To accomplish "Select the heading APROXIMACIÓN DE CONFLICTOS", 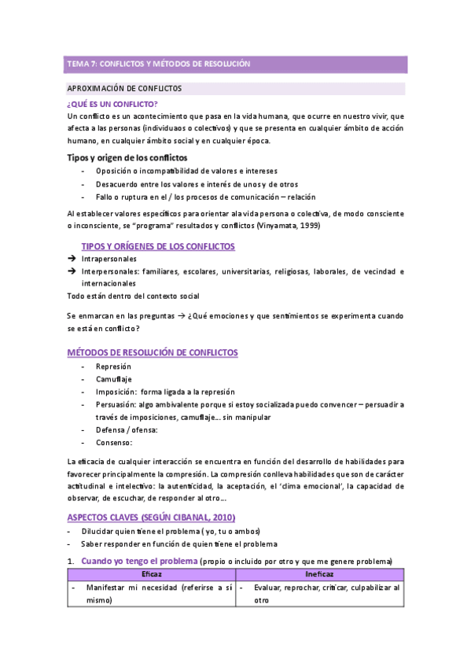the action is pyautogui.click(x=125, y=88).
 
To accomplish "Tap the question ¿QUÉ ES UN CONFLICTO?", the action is pyautogui.click(x=112, y=104).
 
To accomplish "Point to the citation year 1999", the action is pyautogui.click(x=307, y=227).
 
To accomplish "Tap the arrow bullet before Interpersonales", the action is pyautogui.click(x=72, y=271).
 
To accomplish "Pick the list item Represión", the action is pyautogui.click(x=113, y=367).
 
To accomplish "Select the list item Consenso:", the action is pyautogui.click(x=114, y=442).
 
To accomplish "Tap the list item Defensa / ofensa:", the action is pyautogui.click(x=127, y=429).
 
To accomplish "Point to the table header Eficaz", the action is pyautogui.click(x=151, y=575).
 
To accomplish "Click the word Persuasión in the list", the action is pyautogui.click(x=117, y=404).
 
